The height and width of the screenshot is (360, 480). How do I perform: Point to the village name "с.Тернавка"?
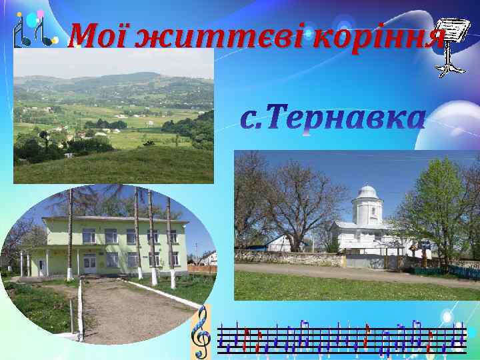(332, 119)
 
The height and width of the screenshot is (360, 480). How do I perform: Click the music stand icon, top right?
(449, 47)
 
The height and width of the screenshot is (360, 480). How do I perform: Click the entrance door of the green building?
(89, 262)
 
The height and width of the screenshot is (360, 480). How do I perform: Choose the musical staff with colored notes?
(340, 336)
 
